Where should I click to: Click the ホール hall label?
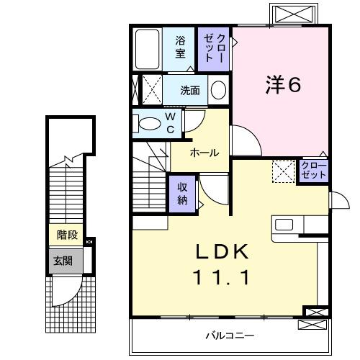(204, 153)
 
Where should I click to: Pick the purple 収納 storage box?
(183, 192)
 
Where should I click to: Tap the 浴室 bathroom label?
(181, 47)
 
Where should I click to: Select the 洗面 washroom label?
(190, 91)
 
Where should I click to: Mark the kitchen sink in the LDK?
(284, 224)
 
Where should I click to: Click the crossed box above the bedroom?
(291, 14)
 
